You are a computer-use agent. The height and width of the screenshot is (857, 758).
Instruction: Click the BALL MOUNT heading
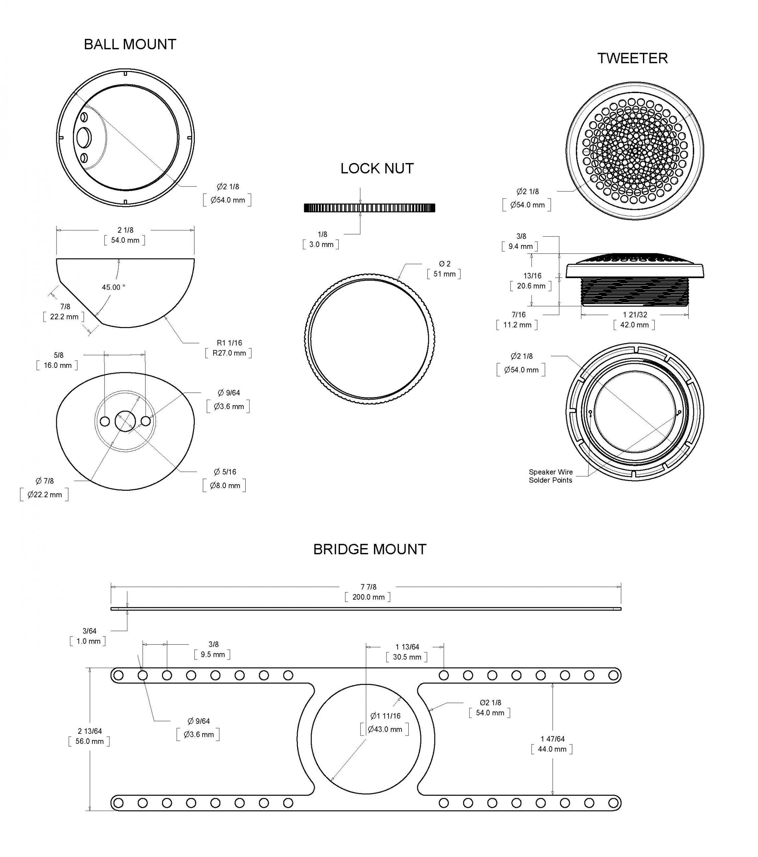(x=130, y=45)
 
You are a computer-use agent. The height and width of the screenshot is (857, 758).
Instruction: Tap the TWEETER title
(x=632, y=58)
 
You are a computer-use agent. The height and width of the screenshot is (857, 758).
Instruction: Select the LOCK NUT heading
(x=376, y=168)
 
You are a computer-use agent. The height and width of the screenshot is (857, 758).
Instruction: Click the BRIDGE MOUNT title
(x=369, y=549)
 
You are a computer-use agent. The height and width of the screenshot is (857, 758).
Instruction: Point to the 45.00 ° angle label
(x=113, y=287)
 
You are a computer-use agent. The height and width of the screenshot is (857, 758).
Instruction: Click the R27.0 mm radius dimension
(x=229, y=353)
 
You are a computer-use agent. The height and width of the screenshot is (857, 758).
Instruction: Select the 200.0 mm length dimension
(x=368, y=597)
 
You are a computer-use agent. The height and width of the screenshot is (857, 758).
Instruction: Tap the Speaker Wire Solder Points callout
(x=550, y=476)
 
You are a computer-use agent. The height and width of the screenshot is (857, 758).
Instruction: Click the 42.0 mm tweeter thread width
(x=634, y=325)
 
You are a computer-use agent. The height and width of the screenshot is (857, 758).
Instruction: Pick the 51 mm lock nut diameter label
(x=444, y=274)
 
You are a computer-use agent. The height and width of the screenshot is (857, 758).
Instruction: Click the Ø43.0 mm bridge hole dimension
(x=385, y=729)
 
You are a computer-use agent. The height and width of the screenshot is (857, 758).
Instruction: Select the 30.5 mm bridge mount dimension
(x=406, y=657)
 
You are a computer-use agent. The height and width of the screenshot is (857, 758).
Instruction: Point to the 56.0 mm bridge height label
(x=89, y=741)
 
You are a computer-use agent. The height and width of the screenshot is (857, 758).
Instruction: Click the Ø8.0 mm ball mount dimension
(x=224, y=485)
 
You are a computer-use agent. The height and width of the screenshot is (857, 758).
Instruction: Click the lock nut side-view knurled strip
(x=369, y=208)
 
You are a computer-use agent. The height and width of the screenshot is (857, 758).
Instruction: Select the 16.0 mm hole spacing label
(x=58, y=366)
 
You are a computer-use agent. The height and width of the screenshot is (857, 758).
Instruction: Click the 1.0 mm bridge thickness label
(x=88, y=641)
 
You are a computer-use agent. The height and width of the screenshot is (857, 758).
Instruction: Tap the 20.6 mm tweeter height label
(x=531, y=286)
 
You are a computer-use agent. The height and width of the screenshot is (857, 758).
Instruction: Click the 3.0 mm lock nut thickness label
(x=321, y=244)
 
